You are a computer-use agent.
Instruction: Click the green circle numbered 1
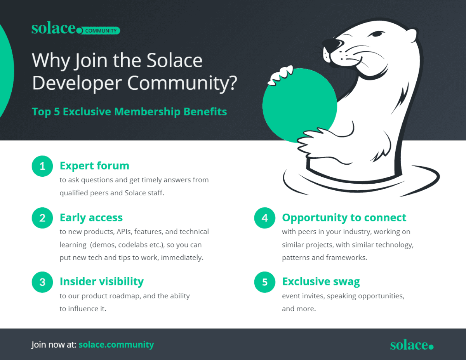click(42, 166)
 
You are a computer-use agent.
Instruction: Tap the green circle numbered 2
click(42, 218)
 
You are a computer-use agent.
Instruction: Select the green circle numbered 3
click(42, 282)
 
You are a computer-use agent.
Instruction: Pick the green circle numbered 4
click(265, 218)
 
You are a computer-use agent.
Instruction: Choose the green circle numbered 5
click(265, 282)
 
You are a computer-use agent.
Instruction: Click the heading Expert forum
click(94, 166)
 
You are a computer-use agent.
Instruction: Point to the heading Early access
click(91, 217)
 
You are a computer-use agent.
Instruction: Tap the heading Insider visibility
click(101, 282)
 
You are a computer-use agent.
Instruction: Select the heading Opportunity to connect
click(344, 217)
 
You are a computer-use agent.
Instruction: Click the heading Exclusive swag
click(321, 282)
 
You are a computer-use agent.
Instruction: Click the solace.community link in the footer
click(116, 344)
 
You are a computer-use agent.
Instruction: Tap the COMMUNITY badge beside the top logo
click(101, 31)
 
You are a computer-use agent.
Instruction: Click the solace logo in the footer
click(412, 345)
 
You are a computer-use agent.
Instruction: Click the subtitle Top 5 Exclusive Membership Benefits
click(129, 112)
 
